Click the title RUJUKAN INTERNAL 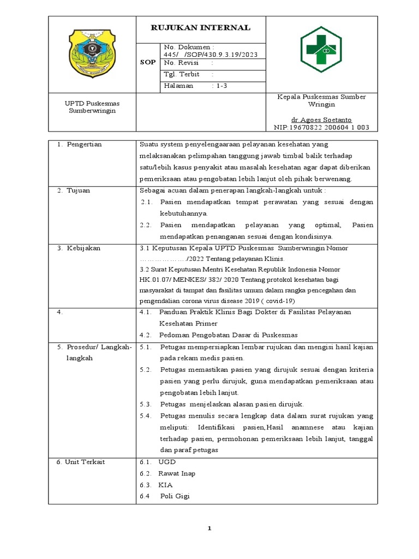(200, 28)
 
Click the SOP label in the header (148, 63)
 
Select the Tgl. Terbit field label (182, 74)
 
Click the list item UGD (167, 462)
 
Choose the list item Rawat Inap (176, 473)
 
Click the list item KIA (165, 485)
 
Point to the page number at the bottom (209, 528)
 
